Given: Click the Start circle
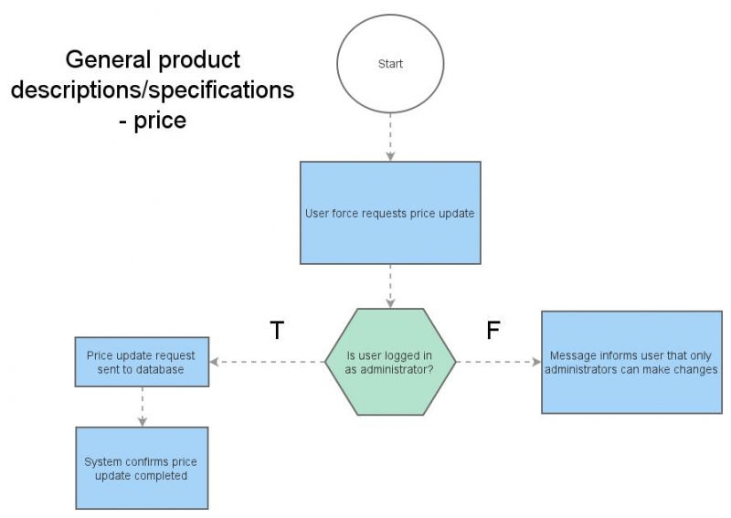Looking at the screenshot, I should (390, 65).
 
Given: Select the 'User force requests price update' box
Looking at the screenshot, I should (390, 213).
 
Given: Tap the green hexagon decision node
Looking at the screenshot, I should (390, 362).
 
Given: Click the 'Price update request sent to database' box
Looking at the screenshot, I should (142, 362).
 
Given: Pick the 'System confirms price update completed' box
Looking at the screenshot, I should (142, 468).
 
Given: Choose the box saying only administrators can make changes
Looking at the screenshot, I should (632, 362).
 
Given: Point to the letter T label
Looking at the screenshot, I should (278, 331).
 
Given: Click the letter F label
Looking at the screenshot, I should (493, 331).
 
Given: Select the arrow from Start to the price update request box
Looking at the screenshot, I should (390, 137).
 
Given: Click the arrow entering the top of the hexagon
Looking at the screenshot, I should (390, 286).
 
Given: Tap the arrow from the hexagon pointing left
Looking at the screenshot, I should (267, 362).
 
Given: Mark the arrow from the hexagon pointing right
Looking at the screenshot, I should (498, 362).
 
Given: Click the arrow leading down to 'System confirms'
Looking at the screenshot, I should (142, 406).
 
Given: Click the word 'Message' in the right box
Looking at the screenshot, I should (574, 355).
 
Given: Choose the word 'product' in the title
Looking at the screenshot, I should (199, 60).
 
